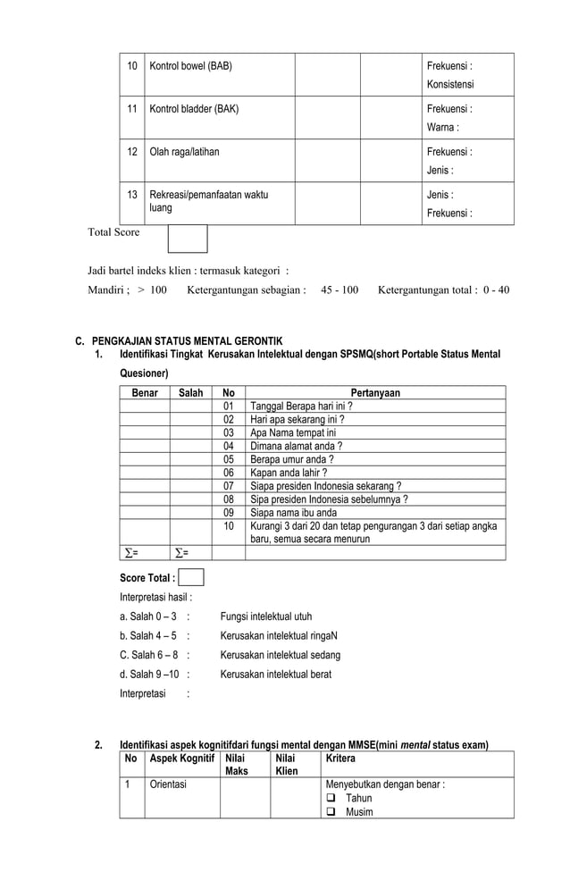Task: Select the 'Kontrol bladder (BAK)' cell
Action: click(x=194, y=109)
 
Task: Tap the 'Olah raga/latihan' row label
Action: click(x=184, y=152)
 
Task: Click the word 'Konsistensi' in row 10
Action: click(x=450, y=84)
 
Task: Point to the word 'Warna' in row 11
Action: click(x=442, y=127)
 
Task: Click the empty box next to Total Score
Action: click(x=188, y=239)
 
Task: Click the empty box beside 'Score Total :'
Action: click(x=191, y=577)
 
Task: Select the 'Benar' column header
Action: click(x=145, y=392)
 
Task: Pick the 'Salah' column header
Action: click(x=190, y=392)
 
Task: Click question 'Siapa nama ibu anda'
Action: click(x=293, y=513)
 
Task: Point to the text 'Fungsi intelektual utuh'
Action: click(x=266, y=616)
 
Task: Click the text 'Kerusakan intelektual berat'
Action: click(x=275, y=675)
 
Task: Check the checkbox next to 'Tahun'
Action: click(x=331, y=799)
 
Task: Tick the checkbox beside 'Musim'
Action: click(x=331, y=812)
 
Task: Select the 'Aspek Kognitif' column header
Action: click(x=182, y=758)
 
